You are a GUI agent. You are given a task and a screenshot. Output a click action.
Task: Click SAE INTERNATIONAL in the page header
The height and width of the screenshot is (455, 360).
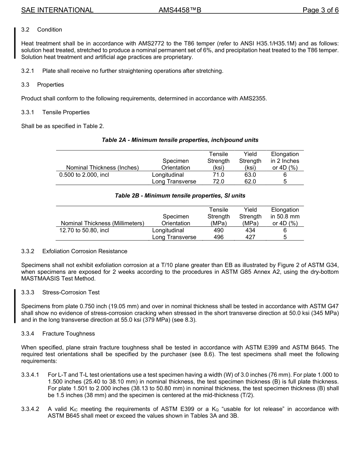tap(57, 10)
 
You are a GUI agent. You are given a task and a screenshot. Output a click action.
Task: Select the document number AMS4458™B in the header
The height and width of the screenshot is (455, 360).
tap(180, 10)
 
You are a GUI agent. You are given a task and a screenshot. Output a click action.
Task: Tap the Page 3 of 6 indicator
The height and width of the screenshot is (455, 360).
tap(320, 10)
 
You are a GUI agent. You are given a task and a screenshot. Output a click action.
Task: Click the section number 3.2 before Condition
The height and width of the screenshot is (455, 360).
tap(26, 30)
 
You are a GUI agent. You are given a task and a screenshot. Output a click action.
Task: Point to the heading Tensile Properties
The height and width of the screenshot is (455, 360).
tap(66, 112)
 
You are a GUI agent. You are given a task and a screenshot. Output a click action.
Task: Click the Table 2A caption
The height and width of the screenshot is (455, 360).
tap(180, 140)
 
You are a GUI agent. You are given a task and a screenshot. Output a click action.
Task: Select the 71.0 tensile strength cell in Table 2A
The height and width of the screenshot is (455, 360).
tap(218, 175)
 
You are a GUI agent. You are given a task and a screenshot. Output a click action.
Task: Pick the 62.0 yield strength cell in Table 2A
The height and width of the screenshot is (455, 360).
tap(250, 182)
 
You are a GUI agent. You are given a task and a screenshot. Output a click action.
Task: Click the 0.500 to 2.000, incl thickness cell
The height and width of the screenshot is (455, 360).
tap(84, 175)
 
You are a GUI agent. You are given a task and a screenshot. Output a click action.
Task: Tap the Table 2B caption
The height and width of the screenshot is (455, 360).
tap(180, 196)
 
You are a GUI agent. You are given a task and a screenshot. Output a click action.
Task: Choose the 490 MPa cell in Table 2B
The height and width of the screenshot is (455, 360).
tap(218, 230)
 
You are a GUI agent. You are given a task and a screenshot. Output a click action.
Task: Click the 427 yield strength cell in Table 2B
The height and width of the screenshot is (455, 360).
tap(250, 237)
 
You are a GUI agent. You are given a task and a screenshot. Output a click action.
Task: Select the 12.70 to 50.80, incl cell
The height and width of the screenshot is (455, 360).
tap(84, 230)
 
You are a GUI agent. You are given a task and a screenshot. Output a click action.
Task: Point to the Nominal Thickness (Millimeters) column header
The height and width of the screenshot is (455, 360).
tap(102, 223)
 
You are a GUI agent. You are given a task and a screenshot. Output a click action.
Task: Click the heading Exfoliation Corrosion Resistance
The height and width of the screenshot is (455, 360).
tap(85, 251)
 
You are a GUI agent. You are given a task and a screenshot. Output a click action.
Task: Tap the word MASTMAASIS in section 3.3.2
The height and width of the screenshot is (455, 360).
tap(41, 279)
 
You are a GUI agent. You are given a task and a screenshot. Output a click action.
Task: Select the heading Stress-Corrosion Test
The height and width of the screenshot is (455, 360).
tap(71, 292)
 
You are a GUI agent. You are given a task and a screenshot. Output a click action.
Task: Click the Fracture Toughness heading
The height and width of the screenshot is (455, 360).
tap(69, 334)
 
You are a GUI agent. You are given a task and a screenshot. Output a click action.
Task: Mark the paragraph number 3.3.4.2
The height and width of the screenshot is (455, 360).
tap(30, 409)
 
